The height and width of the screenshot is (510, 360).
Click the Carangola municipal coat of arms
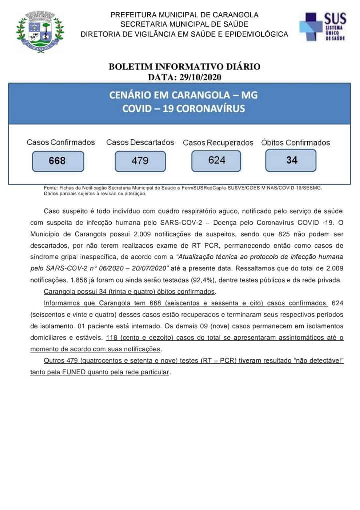(x=40, y=33)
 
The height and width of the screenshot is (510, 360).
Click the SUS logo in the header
(x=322, y=27)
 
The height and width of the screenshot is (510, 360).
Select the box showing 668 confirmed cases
(x=57, y=161)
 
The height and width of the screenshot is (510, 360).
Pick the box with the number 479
(x=140, y=161)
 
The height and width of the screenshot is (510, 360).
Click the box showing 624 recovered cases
(x=217, y=160)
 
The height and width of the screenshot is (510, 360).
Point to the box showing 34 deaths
(x=291, y=160)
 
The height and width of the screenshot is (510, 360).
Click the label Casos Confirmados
(x=61, y=142)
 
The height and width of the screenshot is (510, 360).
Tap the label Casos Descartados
(x=140, y=142)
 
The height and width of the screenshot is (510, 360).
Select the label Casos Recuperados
(x=218, y=143)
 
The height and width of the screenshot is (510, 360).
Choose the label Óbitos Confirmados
(x=295, y=143)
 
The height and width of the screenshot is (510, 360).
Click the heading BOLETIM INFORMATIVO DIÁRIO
(x=184, y=67)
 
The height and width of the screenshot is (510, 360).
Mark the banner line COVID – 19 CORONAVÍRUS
(x=184, y=108)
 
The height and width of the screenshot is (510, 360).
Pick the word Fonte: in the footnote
(x=51, y=188)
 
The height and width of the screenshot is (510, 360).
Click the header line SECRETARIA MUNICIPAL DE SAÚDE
(x=184, y=24)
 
